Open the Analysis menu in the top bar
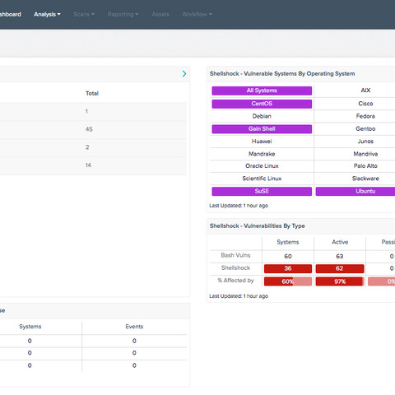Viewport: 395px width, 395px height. tap(47, 14)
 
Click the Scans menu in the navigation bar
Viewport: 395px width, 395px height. tap(83, 14)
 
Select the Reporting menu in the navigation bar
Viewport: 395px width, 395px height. tap(123, 14)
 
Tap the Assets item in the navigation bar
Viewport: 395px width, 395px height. tap(160, 14)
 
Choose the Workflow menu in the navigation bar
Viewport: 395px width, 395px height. tap(197, 14)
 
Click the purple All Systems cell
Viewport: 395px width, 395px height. tap(262, 91)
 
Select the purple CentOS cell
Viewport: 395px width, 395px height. tap(262, 104)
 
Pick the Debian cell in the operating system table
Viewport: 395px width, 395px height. tap(262, 116)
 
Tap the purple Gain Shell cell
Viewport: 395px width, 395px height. tap(262, 129)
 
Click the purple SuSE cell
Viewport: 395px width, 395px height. tap(262, 191)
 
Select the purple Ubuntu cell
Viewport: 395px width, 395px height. tap(365, 191)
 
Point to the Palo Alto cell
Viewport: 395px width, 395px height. tap(365, 165)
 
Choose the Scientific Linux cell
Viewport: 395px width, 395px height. tap(262, 178)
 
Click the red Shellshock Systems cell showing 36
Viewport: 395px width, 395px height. tap(287, 268)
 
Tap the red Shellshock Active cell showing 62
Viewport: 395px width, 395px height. tap(340, 268)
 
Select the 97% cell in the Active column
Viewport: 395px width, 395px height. tap(340, 281)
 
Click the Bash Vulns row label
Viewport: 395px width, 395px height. tap(235, 255)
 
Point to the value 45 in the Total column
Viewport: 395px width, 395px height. tap(89, 129)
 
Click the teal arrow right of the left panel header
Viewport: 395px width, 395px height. tap(184, 74)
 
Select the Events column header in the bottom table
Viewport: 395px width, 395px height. tap(134, 327)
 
